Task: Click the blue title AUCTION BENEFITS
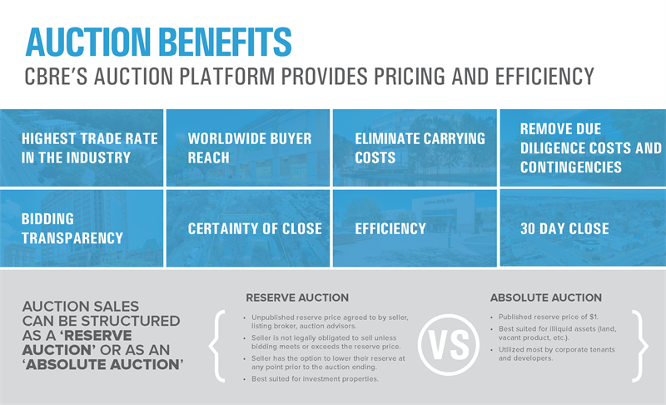click(x=159, y=42)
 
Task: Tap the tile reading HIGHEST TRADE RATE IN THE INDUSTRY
click(x=82, y=147)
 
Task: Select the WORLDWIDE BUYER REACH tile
click(x=248, y=147)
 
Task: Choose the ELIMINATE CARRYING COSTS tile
click(x=415, y=147)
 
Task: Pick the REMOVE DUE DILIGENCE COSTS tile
click(x=584, y=147)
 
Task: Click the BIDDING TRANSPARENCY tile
click(x=82, y=228)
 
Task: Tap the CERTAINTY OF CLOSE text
click(x=255, y=228)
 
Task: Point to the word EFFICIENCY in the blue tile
click(x=390, y=228)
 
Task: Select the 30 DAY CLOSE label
click(x=564, y=228)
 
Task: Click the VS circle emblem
click(x=449, y=344)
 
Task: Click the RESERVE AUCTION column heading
click(x=297, y=297)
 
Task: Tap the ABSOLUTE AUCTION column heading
click(x=546, y=297)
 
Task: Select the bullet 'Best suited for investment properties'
click(x=315, y=378)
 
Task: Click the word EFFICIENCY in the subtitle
click(x=544, y=77)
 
